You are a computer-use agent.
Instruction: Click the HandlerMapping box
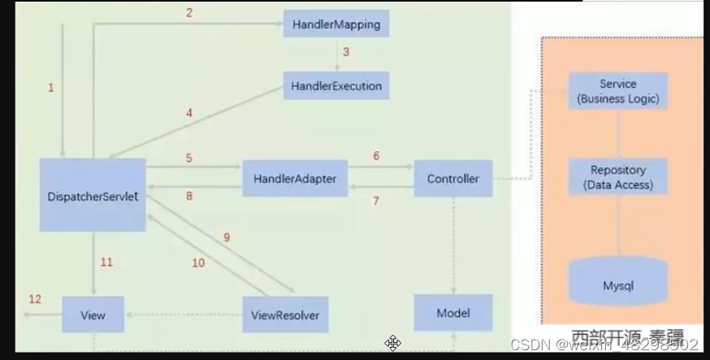click(336, 24)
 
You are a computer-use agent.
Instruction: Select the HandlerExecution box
click(336, 85)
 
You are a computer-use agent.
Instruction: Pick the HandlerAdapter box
click(296, 178)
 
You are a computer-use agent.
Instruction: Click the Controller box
click(453, 178)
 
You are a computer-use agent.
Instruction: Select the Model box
click(453, 313)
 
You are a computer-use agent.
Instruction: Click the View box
click(93, 314)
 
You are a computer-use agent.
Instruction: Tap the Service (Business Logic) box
click(618, 92)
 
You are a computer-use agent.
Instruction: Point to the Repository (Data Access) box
click(618, 177)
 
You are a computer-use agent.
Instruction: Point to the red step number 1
click(51, 88)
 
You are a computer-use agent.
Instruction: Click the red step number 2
click(188, 12)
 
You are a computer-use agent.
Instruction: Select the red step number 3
click(345, 52)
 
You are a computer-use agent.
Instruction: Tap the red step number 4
click(189, 113)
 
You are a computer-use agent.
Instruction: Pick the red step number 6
click(376, 156)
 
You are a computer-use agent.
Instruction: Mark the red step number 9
click(227, 237)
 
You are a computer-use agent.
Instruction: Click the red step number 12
click(35, 299)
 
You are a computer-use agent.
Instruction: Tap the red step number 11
click(106, 262)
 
